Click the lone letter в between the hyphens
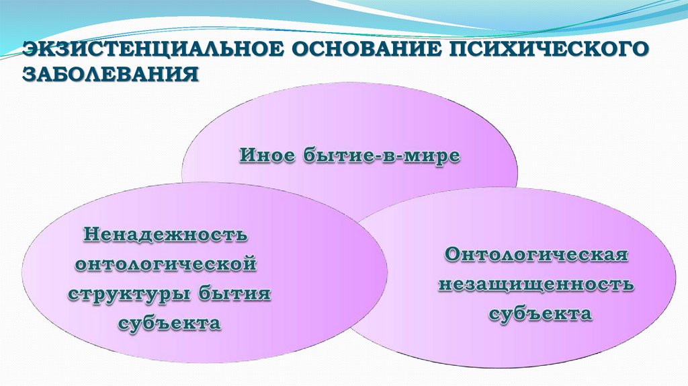pos(394,157)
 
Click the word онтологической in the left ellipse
pos(167,265)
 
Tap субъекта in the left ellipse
pos(169,323)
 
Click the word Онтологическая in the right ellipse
pos(536,256)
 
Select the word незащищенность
pos(536,284)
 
